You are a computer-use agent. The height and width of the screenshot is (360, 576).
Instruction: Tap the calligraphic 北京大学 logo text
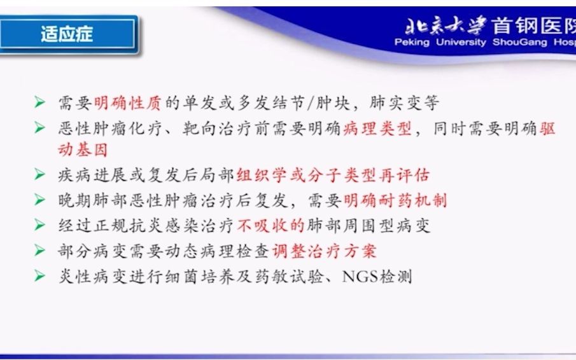446,25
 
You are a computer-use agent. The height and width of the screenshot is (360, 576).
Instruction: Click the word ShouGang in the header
515,43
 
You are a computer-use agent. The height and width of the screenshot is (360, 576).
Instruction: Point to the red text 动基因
83,150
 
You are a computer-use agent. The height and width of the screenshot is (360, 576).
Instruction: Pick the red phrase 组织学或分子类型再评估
333,176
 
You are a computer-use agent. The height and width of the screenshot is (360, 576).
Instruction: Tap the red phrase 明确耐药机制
395,200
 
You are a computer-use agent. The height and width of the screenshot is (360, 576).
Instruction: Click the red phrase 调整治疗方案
325,251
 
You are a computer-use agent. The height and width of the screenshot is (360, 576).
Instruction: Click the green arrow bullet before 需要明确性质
39,102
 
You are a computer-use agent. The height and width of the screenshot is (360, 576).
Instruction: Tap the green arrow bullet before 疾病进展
39,175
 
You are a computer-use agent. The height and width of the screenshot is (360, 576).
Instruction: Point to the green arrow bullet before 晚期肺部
39,200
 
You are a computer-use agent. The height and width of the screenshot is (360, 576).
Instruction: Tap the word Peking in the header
412,43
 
